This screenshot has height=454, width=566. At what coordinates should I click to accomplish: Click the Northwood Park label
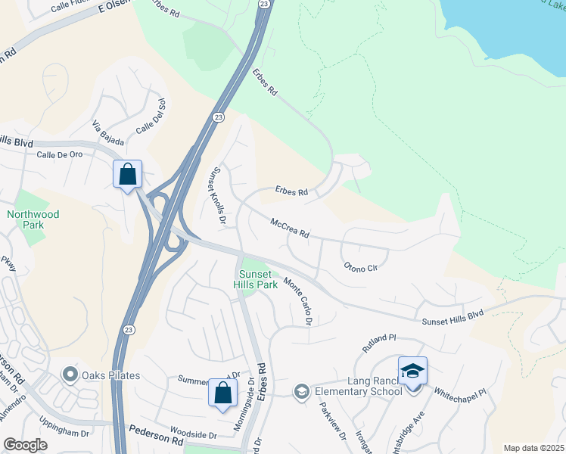tap(33, 219)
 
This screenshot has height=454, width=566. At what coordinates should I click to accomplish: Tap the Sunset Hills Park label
tap(258, 279)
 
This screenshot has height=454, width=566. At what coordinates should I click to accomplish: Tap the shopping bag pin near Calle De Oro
tap(128, 175)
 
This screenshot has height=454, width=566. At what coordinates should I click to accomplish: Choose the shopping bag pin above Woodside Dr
tap(222, 393)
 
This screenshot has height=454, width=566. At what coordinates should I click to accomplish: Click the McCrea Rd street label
tap(290, 228)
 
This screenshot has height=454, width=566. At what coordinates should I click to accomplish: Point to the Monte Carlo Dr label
tap(298, 301)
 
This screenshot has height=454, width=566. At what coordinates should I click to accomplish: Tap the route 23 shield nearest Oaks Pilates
tap(128, 331)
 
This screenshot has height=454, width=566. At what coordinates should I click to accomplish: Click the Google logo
tap(25, 445)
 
